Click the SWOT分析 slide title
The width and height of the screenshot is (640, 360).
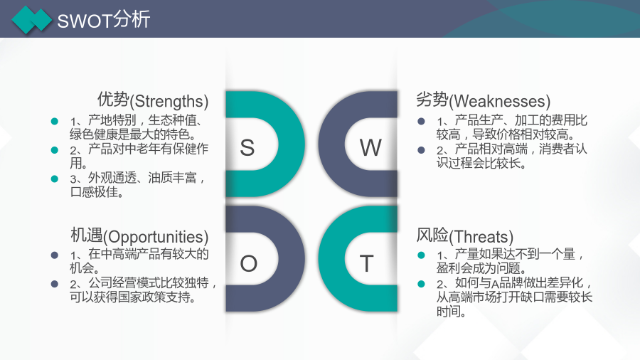tap(104, 20)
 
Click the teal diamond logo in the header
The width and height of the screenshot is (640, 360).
tap(32, 20)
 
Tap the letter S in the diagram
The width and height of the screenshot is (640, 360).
tap(247, 147)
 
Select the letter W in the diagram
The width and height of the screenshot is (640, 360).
tap(370, 147)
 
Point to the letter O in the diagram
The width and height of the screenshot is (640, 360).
tap(249, 263)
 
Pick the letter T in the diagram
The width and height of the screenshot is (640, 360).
tap(366, 263)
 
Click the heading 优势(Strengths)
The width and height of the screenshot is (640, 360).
tap(153, 100)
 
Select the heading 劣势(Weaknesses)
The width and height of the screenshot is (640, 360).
tap(484, 100)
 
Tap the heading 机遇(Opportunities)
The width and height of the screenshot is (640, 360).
tap(139, 236)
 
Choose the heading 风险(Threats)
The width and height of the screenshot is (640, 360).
tap(464, 236)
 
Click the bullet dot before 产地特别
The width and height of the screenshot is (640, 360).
tap(54, 121)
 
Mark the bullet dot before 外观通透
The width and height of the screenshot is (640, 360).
tap(54, 179)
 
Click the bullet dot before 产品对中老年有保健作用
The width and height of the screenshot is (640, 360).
tap(54, 150)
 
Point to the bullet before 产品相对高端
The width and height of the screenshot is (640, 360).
tap(421, 150)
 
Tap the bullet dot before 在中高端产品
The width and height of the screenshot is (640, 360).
tap(54, 255)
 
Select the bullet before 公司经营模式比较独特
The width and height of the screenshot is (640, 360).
tap(54, 284)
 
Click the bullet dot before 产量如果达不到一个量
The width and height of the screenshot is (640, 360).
tap(421, 255)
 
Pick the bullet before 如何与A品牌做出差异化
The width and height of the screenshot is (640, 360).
tap(421, 284)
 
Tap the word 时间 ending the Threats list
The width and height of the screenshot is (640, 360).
tap(448, 312)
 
